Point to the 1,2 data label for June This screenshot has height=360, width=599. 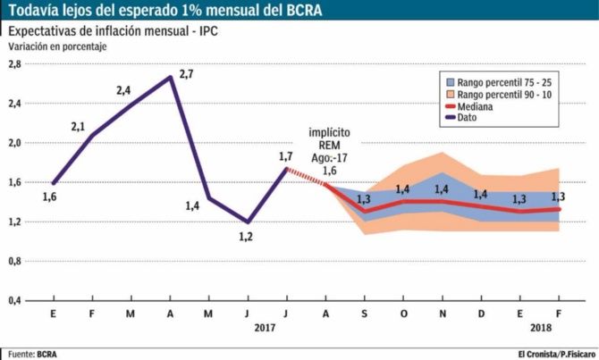246,237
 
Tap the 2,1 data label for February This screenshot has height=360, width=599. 78,126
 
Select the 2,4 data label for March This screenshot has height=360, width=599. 124,90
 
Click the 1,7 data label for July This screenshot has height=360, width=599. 286,157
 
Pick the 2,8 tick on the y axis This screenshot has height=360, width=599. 14,64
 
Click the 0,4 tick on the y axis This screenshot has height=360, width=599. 14,301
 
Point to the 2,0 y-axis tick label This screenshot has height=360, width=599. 14,143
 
